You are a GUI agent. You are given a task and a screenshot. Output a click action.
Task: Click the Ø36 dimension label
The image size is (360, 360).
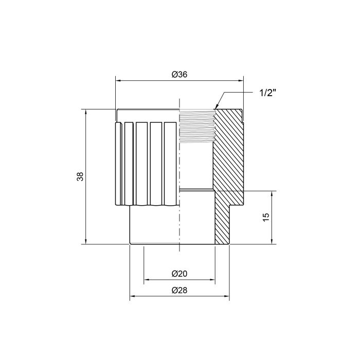pos(178,75)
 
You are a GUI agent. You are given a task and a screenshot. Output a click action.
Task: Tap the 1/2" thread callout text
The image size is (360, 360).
pos(268,94)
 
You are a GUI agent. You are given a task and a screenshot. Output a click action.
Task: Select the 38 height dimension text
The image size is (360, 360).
pos(80,176)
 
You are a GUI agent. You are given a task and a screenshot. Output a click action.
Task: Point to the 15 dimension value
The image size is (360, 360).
pos(265,217)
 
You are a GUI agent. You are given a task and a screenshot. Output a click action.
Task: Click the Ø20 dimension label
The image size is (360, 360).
pos(178,274)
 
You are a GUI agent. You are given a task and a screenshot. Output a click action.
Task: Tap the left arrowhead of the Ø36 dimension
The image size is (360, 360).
pos(118,80)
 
